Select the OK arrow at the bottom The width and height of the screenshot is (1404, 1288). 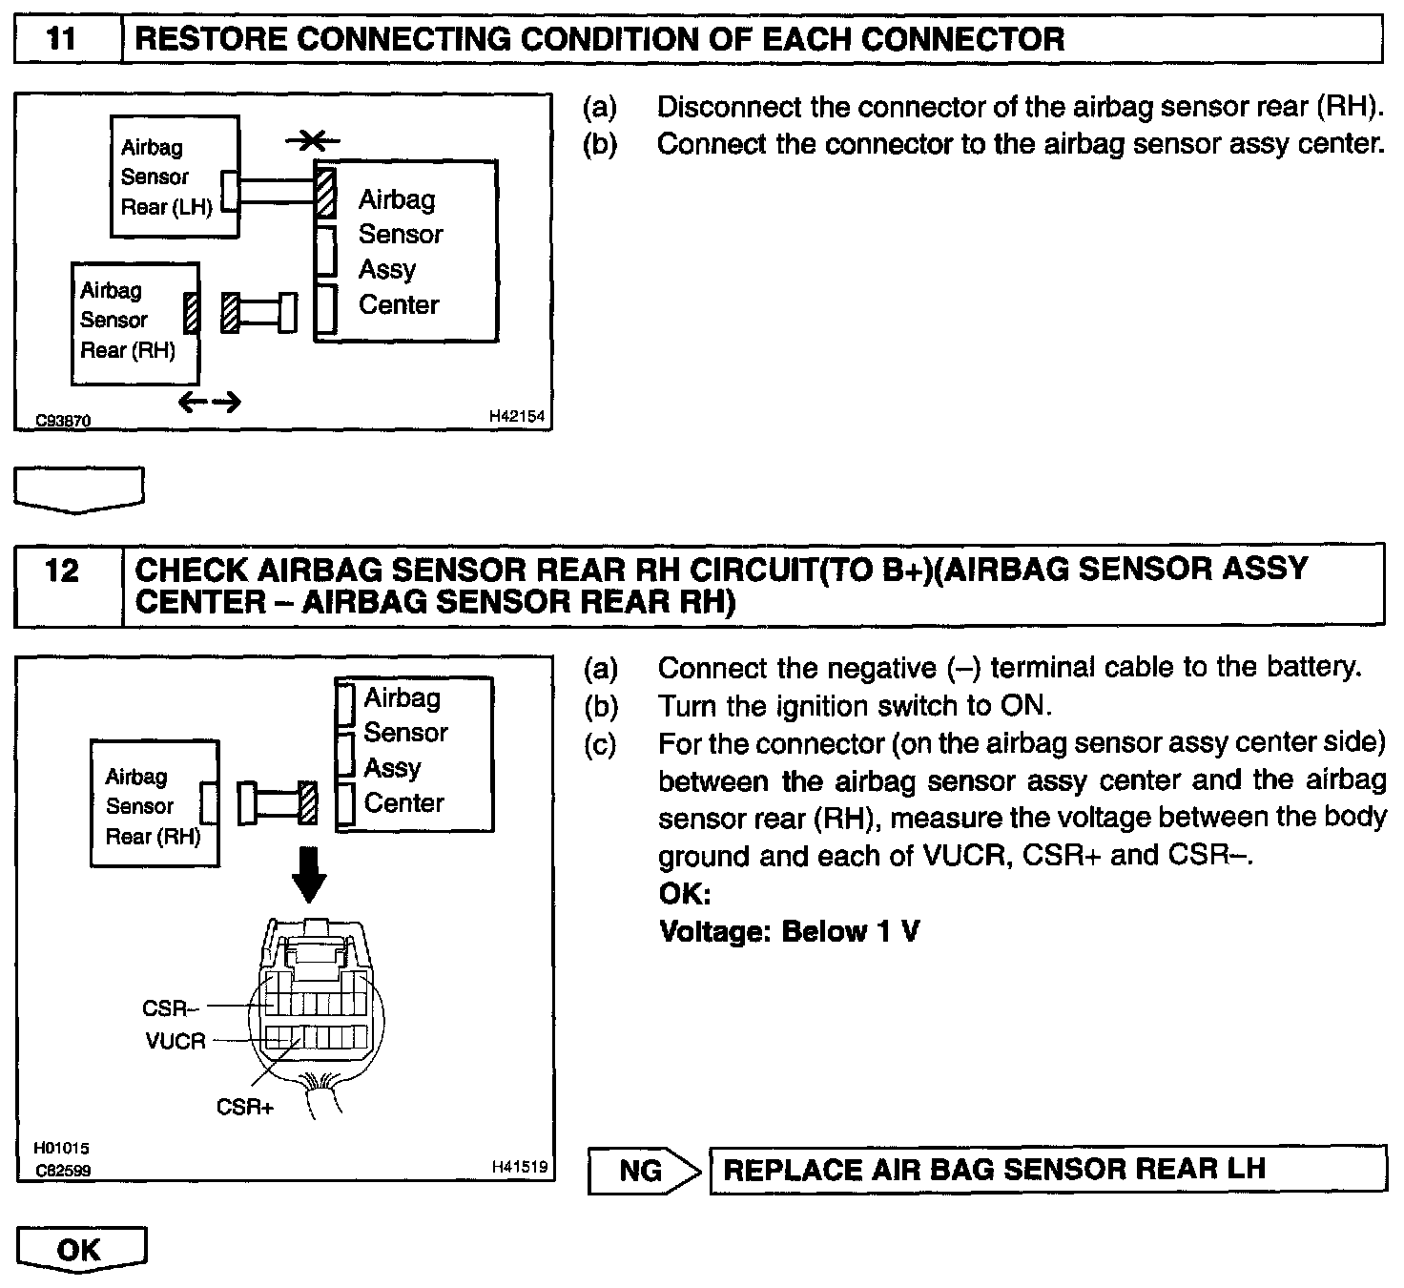click(81, 1250)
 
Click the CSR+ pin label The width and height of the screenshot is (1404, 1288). click(244, 1107)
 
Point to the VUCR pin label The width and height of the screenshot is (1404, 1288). click(175, 1041)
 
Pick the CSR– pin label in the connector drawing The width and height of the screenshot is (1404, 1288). click(171, 1008)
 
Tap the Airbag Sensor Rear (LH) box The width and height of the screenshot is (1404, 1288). click(174, 177)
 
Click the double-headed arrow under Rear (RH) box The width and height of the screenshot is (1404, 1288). click(210, 404)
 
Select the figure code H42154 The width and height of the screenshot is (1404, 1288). click(516, 416)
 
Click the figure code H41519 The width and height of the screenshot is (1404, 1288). click(519, 1166)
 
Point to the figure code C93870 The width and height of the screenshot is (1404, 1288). click(63, 420)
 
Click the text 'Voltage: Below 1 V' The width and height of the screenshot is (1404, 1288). click(789, 931)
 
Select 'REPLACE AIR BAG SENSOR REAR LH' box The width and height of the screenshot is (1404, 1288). click(1047, 1170)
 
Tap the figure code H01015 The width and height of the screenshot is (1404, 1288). click(62, 1149)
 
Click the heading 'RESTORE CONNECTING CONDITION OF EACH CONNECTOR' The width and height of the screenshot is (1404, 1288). click(600, 39)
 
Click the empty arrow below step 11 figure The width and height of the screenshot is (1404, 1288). click(80, 488)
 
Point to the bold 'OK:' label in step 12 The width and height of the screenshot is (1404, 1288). click(685, 894)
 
